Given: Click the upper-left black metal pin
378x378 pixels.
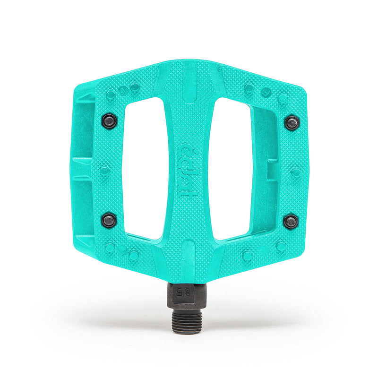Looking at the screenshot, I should (x=110, y=121).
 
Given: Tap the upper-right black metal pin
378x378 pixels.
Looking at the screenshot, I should (x=292, y=123).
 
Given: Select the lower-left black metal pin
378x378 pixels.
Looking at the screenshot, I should (x=109, y=220).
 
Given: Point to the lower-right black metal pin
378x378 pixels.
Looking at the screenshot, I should (x=291, y=221).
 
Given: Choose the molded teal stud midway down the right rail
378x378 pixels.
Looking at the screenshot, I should (x=296, y=172).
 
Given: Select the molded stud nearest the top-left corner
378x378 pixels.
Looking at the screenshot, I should (x=110, y=95).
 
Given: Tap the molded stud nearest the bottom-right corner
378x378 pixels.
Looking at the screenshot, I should (x=281, y=246).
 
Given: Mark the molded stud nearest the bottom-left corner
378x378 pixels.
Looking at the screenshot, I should (x=110, y=247).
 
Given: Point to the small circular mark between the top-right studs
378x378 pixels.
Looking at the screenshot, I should (x=266, y=92).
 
